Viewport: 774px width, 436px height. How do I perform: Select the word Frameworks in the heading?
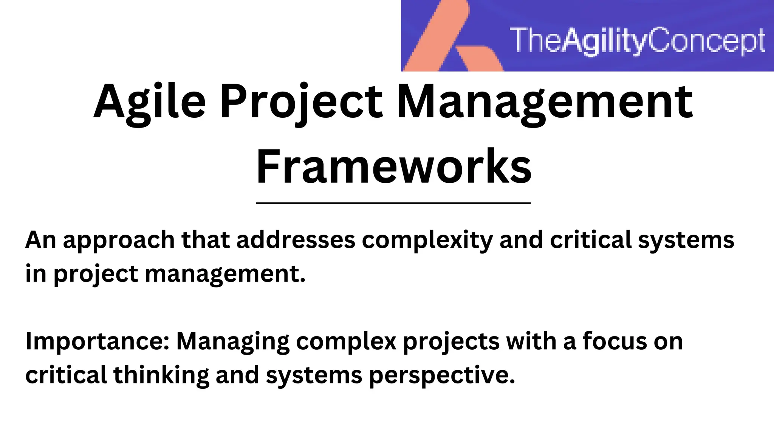(393, 167)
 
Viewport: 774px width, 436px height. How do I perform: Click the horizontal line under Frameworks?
(393, 203)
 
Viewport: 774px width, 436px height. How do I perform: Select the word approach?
(119, 241)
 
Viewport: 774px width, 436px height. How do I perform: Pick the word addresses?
(296, 240)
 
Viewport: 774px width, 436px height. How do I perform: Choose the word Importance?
(97, 342)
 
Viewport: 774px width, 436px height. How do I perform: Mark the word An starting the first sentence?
(40, 240)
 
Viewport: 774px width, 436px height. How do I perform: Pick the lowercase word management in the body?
(225, 274)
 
